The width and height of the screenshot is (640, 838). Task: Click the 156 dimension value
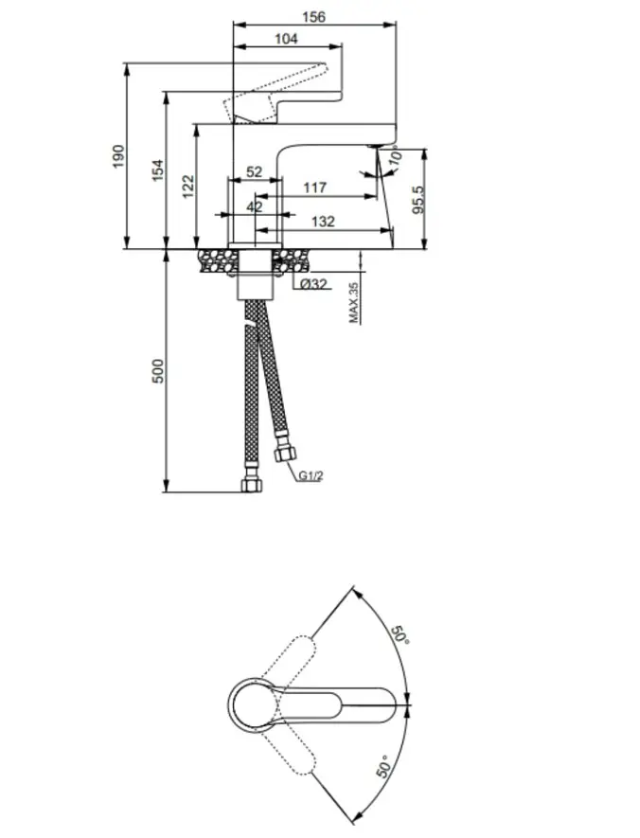[x=313, y=17]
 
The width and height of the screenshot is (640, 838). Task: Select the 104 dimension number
[x=286, y=39]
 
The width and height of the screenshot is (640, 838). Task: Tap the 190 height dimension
[x=118, y=156]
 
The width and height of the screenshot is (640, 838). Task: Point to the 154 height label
[x=157, y=169]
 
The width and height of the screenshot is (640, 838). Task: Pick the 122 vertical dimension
[x=188, y=187]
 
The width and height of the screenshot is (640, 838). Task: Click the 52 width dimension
[x=255, y=172]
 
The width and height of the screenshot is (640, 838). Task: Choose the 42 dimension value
[x=255, y=206]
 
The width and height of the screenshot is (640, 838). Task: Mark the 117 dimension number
[x=314, y=188]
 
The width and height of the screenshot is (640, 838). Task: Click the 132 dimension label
[x=323, y=222]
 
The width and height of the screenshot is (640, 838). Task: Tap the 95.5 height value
[x=418, y=200]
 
